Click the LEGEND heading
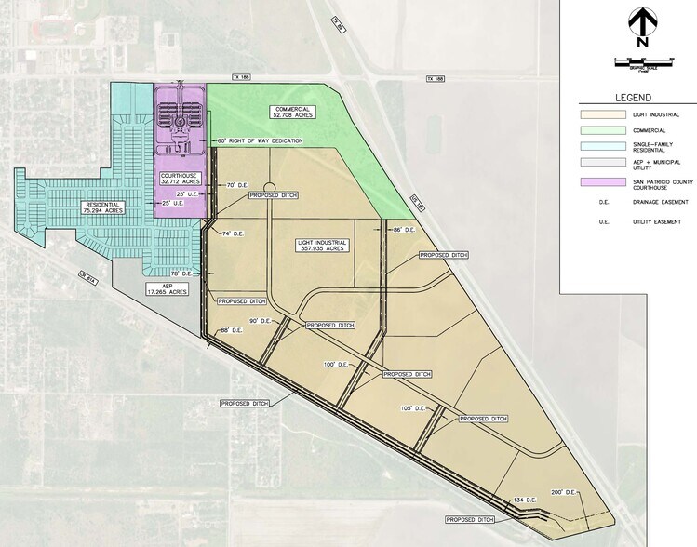coord(632,98)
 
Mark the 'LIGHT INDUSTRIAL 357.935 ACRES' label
coord(322,245)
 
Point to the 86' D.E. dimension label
coord(402,229)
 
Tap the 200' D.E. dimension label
coord(564,492)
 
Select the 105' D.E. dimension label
coord(411,408)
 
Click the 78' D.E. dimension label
coord(193,273)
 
